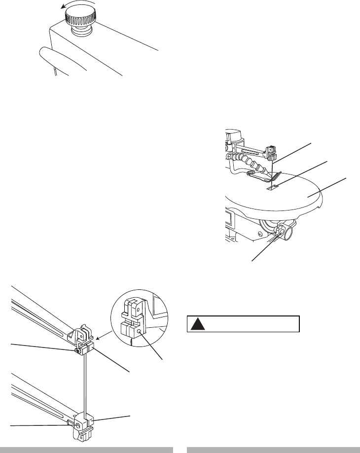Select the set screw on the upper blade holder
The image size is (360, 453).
coord(77,351)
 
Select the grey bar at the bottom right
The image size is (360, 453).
coord(273,449)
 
